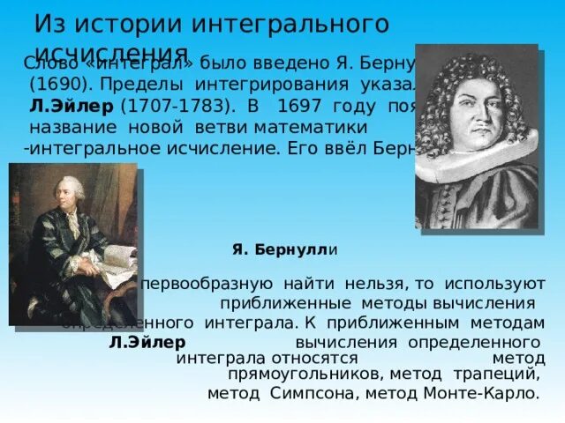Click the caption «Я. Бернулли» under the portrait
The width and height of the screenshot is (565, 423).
point(285,250)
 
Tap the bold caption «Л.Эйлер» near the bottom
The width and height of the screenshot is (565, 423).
point(147,341)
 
